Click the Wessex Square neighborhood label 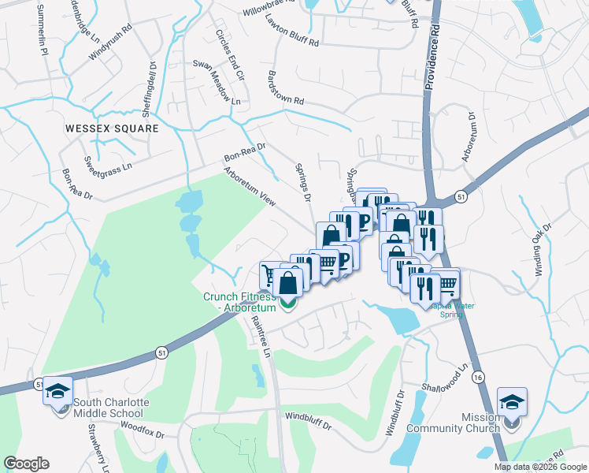pos(112,128)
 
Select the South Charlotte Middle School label pos(110,408)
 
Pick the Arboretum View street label pos(250,187)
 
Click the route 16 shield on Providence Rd pos(478,378)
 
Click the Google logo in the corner pos(26,464)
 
